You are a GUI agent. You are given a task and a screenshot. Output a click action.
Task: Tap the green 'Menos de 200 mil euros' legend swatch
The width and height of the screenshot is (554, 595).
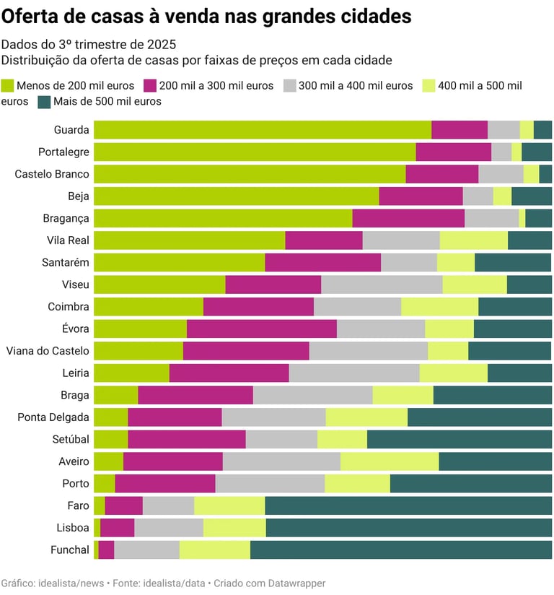pyautogui.click(x=8, y=85)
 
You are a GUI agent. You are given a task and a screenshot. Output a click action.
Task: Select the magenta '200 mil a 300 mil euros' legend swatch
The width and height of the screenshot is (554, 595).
pyautogui.click(x=150, y=85)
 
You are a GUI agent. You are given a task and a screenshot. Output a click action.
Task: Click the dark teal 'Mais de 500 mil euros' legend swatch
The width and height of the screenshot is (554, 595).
pyautogui.click(x=44, y=102)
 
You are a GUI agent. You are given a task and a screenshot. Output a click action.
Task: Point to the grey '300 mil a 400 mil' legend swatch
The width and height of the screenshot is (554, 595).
pyautogui.click(x=290, y=85)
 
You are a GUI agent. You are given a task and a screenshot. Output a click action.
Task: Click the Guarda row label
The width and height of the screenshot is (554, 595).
pyautogui.click(x=71, y=130)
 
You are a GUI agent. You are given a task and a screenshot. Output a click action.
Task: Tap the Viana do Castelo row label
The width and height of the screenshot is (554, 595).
pyautogui.click(x=48, y=351)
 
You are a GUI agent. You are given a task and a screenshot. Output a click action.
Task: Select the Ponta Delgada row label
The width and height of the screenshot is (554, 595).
pyautogui.click(x=53, y=417)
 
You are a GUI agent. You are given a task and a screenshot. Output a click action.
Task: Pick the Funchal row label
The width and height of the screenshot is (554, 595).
pyautogui.click(x=70, y=550)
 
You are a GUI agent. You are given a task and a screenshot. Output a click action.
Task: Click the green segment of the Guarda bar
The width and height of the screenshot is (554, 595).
pyautogui.click(x=263, y=130)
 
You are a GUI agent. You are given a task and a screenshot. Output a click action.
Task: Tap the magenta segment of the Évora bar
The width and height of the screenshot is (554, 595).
pyautogui.click(x=261, y=329)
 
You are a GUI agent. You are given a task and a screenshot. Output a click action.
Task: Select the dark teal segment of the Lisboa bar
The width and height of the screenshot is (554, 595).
pyautogui.click(x=408, y=528)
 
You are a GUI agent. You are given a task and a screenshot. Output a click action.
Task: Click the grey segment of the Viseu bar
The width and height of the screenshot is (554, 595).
pyautogui.click(x=382, y=285)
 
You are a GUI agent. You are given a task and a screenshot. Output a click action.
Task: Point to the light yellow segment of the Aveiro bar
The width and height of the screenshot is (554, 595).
pyautogui.click(x=390, y=461)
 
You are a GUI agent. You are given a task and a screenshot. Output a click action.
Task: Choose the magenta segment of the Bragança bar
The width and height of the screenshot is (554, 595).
pyautogui.click(x=408, y=218)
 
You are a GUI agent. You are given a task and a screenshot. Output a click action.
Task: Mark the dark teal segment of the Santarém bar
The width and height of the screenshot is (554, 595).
pyautogui.click(x=513, y=262)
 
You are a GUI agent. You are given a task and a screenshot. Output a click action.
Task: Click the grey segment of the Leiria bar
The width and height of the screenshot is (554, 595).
pyautogui.click(x=354, y=373)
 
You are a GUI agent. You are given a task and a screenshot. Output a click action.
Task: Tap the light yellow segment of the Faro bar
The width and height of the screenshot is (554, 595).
pyautogui.click(x=229, y=505)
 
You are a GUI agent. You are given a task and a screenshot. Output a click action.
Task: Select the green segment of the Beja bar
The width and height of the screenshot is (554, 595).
pyautogui.click(x=236, y=196)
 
